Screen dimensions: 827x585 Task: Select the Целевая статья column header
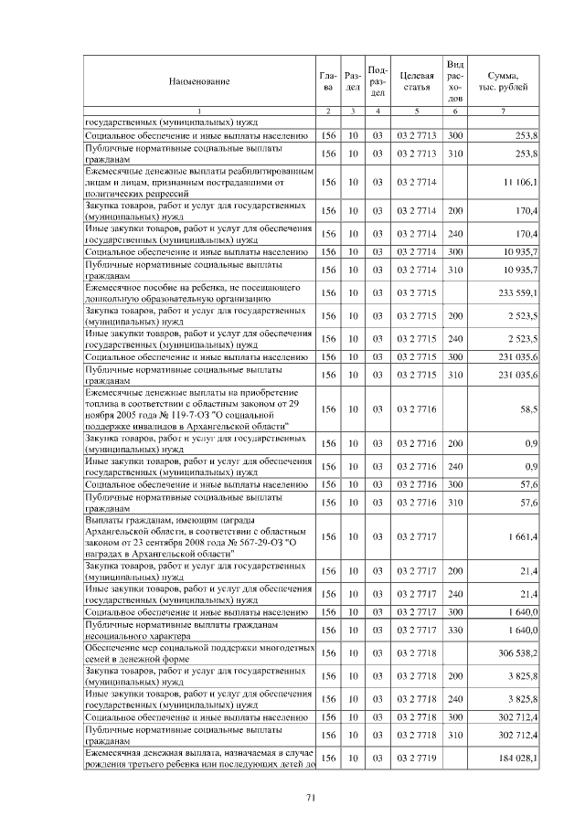[x=416, y=81]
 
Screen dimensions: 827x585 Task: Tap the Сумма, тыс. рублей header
[x=504, y=81]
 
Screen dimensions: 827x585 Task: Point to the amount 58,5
[x=528, y=410]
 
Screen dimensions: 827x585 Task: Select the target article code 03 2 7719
[x=416, y=758]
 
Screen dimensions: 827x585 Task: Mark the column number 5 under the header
[x=416, y=111]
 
